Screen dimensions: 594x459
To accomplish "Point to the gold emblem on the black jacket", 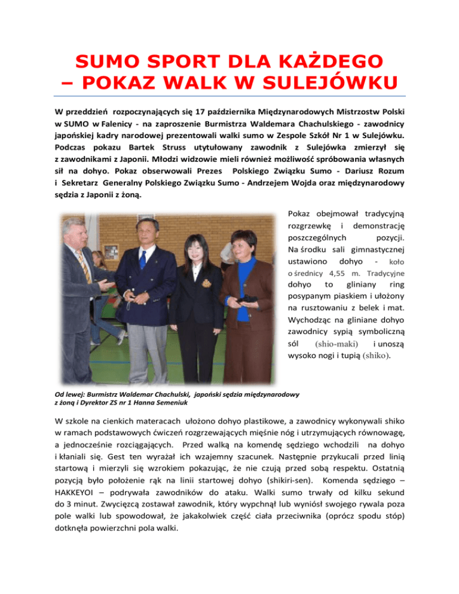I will click(206, 281).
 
